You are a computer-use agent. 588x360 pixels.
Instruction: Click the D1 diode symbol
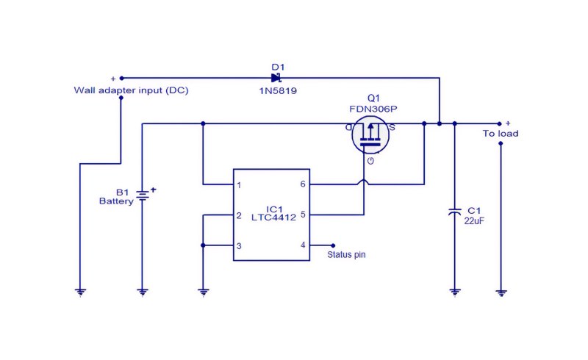pos(276,78)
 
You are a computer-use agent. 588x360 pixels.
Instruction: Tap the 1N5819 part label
pos(278,91)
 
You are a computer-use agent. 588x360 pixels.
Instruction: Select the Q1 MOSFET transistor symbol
pos(370,134)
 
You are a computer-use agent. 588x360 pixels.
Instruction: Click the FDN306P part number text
pos(373,109)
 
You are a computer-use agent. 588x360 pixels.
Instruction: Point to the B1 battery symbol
pos(143,195)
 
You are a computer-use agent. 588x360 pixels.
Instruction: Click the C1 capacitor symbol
pos(454,212)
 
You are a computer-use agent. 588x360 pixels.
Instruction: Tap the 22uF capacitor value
pos(474,221)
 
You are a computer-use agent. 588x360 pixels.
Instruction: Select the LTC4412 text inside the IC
pos(273,217)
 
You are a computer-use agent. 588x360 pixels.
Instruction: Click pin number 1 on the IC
pos(239,185)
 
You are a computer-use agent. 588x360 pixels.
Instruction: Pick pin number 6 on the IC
pos(303,184)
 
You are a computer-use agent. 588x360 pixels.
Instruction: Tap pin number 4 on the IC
pos(303,245)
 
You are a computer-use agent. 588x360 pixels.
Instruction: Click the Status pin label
pos(346,255)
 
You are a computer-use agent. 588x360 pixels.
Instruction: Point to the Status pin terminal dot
pos(333,245)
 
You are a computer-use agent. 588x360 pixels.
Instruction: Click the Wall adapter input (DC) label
pos(132,90)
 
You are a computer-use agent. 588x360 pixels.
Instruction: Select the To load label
pos(501,134)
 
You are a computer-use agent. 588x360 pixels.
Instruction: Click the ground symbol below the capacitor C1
pos(454,292)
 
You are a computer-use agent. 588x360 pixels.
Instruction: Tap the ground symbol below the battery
pos(143,292)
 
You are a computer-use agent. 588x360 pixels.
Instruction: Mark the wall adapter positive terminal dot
pos(121,79)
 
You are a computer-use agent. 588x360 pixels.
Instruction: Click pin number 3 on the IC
pos(239,246)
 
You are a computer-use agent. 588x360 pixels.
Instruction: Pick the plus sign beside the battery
pos(153,190)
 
